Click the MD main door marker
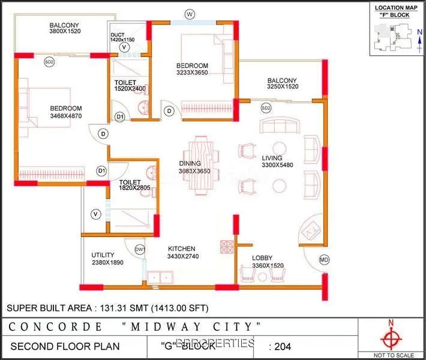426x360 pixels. pyautogui.click(x=324, y=260)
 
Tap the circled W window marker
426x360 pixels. pyautogui.click(x=190, y=14)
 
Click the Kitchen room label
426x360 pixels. pyautogui.click(x=182, y=248)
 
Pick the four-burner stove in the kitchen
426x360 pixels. pyautogui.click(x=227, y=247)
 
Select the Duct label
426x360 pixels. pyautogui.click(x=118, y=35)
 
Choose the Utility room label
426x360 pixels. pyautogui.click(x=103, y=254)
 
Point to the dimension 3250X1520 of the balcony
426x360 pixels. pyautogui.click(x=283, y=87)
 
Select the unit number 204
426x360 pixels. pyautogui.click(x=286, y=346)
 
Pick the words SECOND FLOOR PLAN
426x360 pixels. pyautogui.click(x=65, y=346)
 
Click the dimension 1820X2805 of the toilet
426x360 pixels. pyautogui.click(x=134, y=188)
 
